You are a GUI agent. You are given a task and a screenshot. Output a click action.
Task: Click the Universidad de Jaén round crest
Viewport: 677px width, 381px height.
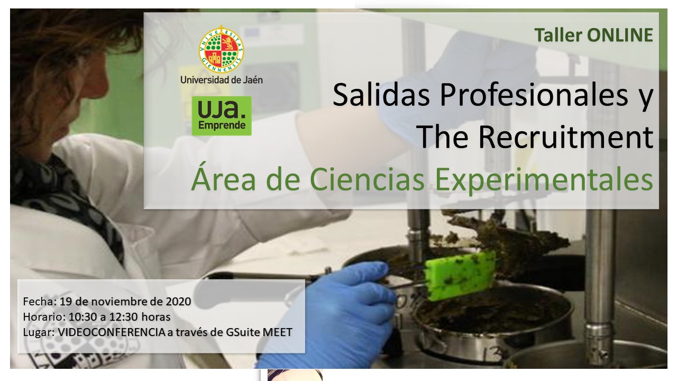click(221, 49)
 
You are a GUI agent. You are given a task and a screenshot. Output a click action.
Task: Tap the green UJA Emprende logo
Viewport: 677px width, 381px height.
click(222, 116)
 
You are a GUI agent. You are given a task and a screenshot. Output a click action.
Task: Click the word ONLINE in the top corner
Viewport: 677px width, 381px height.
click(620, 35)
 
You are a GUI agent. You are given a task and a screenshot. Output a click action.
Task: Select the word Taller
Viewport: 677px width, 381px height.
click(559, 35)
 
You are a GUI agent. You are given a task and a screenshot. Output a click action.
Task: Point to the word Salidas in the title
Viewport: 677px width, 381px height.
click(381, 95)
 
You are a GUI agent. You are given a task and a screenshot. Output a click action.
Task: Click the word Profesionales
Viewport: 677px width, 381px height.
click(534, 95)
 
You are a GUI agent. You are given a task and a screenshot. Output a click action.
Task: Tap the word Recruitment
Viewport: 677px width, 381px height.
click(566, 137)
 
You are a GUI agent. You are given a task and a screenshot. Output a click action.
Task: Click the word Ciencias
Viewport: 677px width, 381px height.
click(367, 179)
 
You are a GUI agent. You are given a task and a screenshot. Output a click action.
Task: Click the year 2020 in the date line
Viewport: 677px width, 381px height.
click(178, 302)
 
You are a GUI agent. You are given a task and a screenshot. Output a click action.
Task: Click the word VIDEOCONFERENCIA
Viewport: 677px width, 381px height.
click(111, 332)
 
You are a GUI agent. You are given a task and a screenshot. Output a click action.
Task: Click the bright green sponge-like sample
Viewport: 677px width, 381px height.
click(460, 276)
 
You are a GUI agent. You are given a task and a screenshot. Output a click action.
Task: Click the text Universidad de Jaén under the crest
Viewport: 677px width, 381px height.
click(221, 80)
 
